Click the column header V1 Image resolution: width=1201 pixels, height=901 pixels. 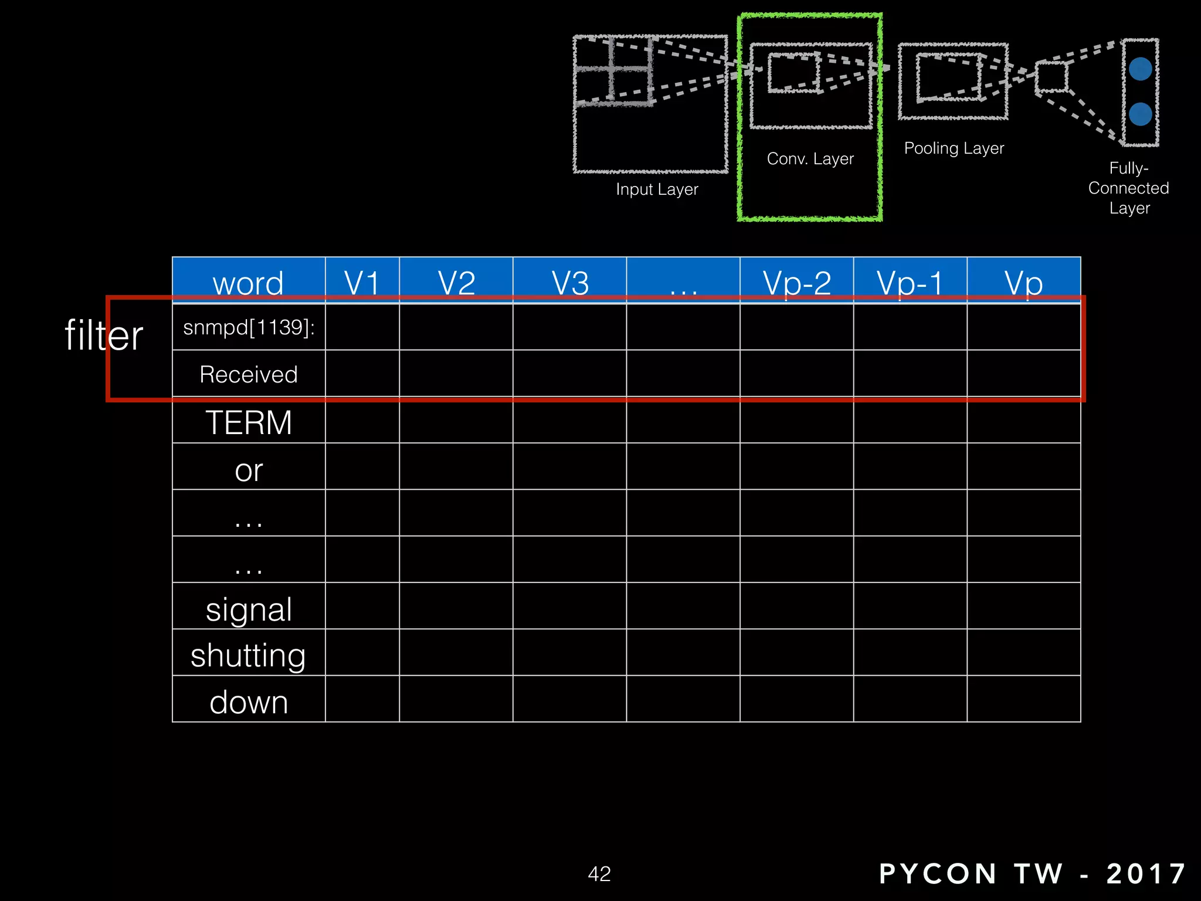click(362, 283)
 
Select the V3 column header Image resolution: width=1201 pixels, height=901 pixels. click(570, 283)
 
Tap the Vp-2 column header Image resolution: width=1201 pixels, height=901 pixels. click(796, 283)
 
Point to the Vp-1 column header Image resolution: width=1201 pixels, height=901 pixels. click(910, 283)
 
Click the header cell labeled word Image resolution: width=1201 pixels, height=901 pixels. click(248, 283)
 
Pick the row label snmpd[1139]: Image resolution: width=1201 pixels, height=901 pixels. click(249, 327)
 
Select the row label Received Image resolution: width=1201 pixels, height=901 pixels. click(249, 374)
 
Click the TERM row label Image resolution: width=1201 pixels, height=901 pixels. click(249, 422)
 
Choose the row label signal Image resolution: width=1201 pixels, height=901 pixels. click(249, 609)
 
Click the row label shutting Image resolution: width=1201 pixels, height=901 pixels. click(248, 655)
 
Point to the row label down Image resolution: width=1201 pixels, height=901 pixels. click(249, 702)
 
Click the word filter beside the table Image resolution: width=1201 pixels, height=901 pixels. click(104, 336)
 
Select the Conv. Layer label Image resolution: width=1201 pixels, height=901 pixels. click(810, 158)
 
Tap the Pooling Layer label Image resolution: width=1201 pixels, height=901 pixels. click(954, 148)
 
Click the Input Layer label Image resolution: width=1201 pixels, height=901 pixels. click(657, 189)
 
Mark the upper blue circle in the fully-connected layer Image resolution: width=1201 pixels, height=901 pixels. click(1140, 69)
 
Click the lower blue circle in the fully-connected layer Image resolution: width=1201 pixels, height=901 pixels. click(1140, 114)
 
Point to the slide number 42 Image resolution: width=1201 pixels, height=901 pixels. click(599, 873)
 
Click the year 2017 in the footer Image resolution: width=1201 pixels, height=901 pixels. click(1146, 873)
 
